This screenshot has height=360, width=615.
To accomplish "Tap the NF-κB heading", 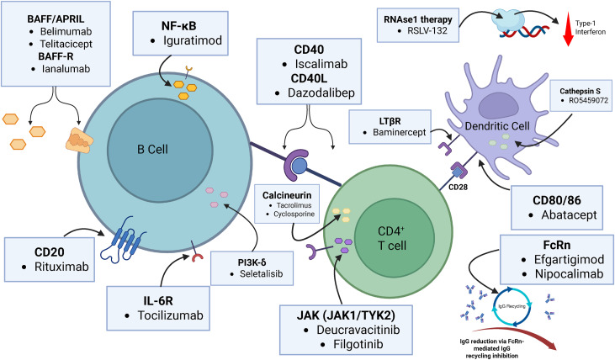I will point(180,24).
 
